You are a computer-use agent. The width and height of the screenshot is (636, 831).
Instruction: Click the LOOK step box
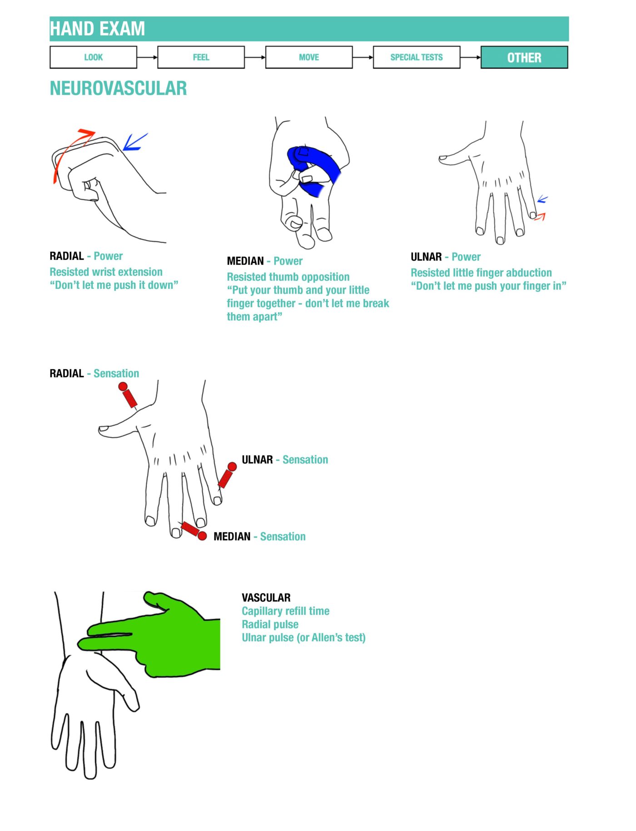pyautogui.click(x=93, y=57)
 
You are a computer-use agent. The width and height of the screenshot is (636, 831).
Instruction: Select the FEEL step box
pyautogui.click(x=201, y=57)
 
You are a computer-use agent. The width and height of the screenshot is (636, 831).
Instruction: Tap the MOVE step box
pyautogui.click(x=308, y=57)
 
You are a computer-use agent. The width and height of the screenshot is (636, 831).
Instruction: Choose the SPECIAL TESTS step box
pyautogui.click(x=416, y=57)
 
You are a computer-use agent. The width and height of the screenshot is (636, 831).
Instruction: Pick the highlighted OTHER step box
pyautogui.click(x=524, y=58)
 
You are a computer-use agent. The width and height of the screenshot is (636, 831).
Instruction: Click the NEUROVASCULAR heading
pyautogui.click(x=118, y=88)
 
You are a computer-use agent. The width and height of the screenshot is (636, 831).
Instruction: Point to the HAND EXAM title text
pyautogui.click(x=97, y=29)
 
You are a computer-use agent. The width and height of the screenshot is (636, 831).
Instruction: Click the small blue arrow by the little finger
pyautogui.click(x=542, y=199)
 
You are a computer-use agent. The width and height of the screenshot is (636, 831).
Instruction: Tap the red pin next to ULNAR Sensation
pyautogui.click(x=227, y=475)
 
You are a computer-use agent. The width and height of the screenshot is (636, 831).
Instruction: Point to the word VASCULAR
pyautogui.click(x=266, y=598)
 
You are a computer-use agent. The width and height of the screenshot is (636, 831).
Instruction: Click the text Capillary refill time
pyautogui.click(x=285, y=611)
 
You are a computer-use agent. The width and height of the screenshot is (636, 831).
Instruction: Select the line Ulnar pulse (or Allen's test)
pyautogui.click(x=303, y=638)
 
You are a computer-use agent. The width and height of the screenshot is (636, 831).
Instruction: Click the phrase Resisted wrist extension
pyautogui.click(x=106, y=272)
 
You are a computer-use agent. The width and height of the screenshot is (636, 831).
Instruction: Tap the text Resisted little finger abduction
pyautogui.click(x=481, y=273)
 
